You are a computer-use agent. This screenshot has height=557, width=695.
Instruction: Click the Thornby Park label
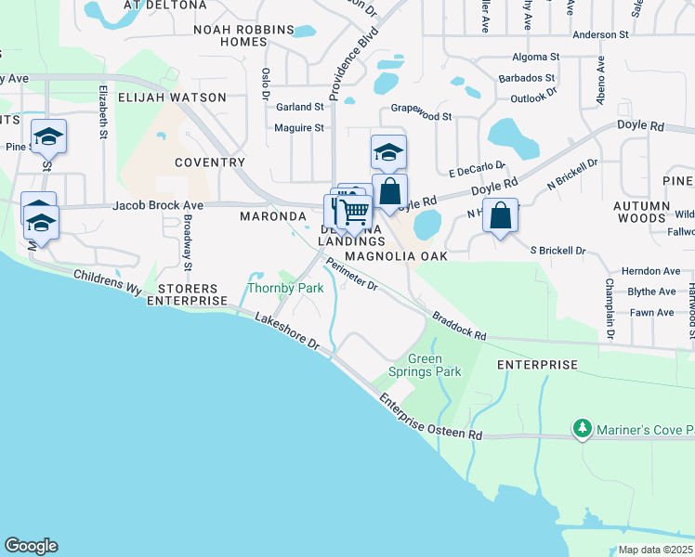[x=285, y=289]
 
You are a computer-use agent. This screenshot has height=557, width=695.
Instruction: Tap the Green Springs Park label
[x=435, y=366]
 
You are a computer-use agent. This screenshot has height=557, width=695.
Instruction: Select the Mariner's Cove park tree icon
[x=583, y=429]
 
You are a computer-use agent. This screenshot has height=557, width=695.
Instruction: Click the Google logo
[x=31, y=546]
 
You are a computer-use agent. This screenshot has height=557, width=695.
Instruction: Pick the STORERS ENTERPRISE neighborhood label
[x=187, y=293]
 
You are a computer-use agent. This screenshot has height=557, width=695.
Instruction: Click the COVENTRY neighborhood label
[x=210, y=162]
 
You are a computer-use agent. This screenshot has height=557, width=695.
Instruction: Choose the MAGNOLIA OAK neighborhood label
[x=396, y=255]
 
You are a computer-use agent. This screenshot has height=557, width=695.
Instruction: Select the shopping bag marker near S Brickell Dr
[x=500, y=216]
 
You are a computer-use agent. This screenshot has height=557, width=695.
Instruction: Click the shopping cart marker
[x=353, y=212]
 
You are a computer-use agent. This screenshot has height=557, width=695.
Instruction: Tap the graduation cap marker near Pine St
[x=47, y=138]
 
